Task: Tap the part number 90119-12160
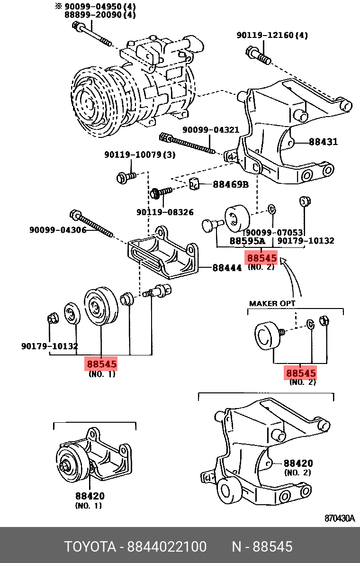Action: pos(272,35)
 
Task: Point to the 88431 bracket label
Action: pos(324,142)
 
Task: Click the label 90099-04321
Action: pos(211,130)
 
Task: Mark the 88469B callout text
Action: pos(230,184)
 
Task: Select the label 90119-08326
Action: pos(165,212)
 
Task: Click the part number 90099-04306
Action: pos(58,230)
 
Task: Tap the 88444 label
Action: pos(227,268)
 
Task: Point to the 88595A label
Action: pos(247,241)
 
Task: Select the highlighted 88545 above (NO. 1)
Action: pos(101,364)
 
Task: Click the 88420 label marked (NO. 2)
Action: pos(298,463)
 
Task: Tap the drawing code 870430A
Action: pos(339,518)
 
